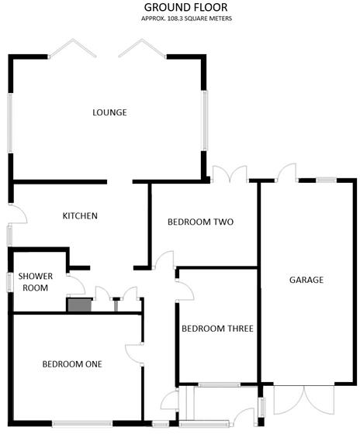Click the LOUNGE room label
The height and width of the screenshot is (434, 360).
109,112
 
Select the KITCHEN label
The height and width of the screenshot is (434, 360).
80,215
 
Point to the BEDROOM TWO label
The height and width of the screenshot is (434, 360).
201,222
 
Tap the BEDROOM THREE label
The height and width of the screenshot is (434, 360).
217,329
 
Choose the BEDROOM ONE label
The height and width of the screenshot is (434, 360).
72,363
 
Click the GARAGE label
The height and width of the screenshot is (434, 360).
306,280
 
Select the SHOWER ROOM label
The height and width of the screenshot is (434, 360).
35,281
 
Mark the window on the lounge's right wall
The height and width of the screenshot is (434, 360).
206,121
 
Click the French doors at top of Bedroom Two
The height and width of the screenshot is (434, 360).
230,174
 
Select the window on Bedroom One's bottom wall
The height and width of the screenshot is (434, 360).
82,423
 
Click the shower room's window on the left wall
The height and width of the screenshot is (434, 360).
9,282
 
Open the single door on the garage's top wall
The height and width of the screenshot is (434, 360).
288,173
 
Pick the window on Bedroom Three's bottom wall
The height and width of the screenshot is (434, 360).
219,384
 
